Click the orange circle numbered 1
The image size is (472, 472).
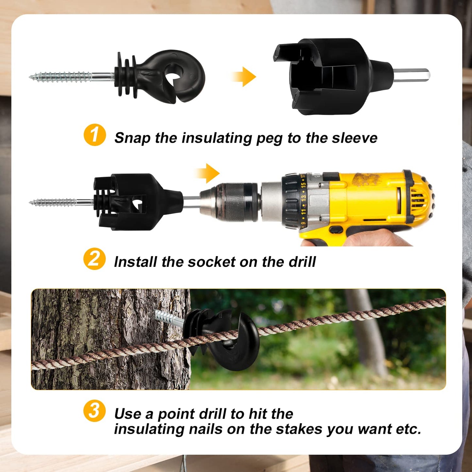click(95, 135)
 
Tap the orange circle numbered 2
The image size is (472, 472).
click(94, 259)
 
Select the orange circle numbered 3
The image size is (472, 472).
click(94, 411)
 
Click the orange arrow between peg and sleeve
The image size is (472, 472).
click(244, 77)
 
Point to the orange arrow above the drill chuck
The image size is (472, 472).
click(208, 173)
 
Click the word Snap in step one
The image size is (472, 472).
click(132, 138)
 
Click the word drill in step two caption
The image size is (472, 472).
click(302, 262)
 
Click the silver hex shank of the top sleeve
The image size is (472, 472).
click(412, 75)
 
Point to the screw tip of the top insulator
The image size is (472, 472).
click(32, 77)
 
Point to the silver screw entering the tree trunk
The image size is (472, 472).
click(169, 318)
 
